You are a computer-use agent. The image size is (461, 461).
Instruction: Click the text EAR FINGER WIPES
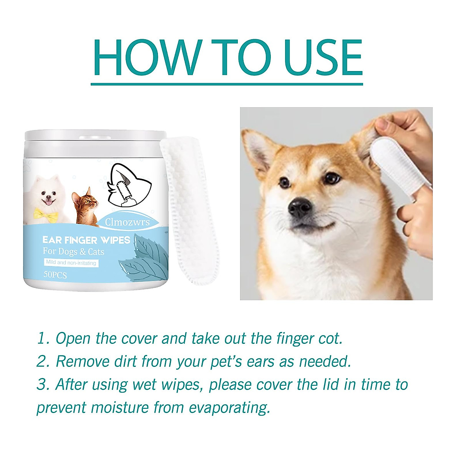86,240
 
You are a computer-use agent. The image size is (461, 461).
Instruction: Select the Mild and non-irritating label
71,263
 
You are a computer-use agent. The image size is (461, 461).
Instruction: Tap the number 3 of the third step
41,385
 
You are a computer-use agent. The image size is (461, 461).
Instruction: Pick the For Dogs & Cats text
73,252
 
